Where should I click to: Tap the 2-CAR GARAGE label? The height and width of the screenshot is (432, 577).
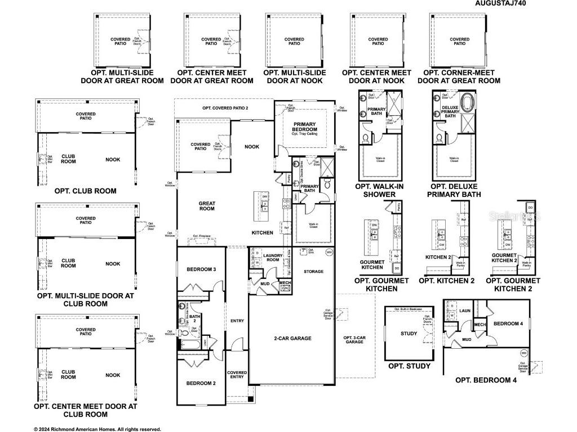(x=292, y=339)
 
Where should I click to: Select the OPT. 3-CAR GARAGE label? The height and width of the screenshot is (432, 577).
(x=354, y=340)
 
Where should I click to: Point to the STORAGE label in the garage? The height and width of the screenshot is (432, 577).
(x=314, y=272)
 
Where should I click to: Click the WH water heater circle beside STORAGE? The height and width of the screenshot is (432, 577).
(x=329, y=253)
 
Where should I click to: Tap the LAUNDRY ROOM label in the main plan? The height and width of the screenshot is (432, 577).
(x=272, y=258)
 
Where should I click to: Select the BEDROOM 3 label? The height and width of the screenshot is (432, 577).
(x=201, y=270)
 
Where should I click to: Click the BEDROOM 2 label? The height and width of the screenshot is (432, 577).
(x=201, y=384)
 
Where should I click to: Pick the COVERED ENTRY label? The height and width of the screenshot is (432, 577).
(x=237, y=375)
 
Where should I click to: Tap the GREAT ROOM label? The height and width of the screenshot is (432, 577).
(x=207, y=206)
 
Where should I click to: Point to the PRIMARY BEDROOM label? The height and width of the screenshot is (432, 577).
(x=304, y=127)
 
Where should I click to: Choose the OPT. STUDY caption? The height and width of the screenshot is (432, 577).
(x=409, y=366)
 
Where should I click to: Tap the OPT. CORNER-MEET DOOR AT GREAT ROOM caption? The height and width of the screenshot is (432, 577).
(x=459, y=76)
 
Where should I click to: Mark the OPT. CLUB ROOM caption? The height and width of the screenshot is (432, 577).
(x=86, y=191)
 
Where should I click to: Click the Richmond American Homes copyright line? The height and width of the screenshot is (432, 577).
(x=97, y=429)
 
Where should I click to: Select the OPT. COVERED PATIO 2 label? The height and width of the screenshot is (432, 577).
(x=225, y=107)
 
